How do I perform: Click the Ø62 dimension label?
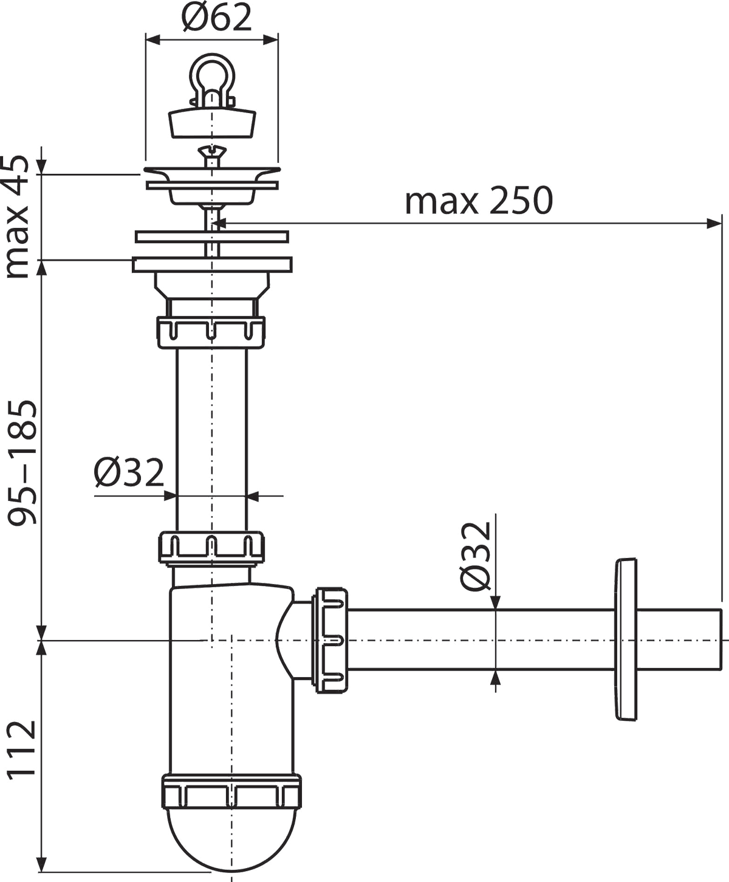(x=216, y=17)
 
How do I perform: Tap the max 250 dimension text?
(x=479, y=201)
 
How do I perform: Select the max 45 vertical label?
(x=17, y=217)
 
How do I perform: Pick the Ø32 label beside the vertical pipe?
(x=129, y=472)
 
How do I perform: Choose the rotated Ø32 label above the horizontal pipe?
(x=476, y=556)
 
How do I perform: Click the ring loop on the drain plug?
(x=211, y=70)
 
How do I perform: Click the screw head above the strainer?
(x=211, y=153)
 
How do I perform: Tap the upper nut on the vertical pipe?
(x=211, y=332)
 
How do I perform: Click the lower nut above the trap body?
(x=211, y=548)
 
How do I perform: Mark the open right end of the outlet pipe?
(x=720, y=640)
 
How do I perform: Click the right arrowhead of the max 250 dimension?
(x=714, y=223)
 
